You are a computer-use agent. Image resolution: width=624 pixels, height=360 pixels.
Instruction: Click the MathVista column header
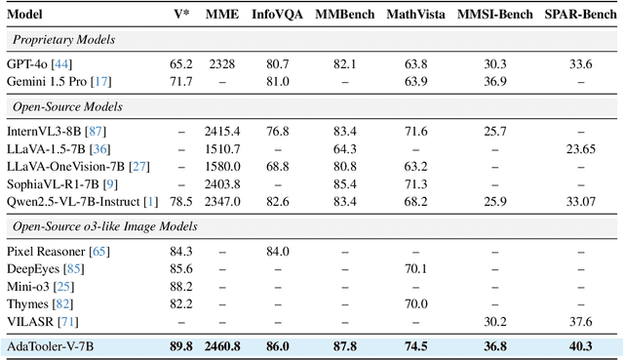click(416, 14)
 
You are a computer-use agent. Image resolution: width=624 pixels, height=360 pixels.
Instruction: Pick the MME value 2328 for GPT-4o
click(223, 63)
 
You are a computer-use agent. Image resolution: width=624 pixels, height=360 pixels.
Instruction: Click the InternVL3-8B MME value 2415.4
click(223, 130)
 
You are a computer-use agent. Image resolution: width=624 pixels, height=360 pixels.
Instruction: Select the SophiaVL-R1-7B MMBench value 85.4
click(343, 182)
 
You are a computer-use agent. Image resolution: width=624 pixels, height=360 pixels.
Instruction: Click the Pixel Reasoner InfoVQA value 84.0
click(278, 253)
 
